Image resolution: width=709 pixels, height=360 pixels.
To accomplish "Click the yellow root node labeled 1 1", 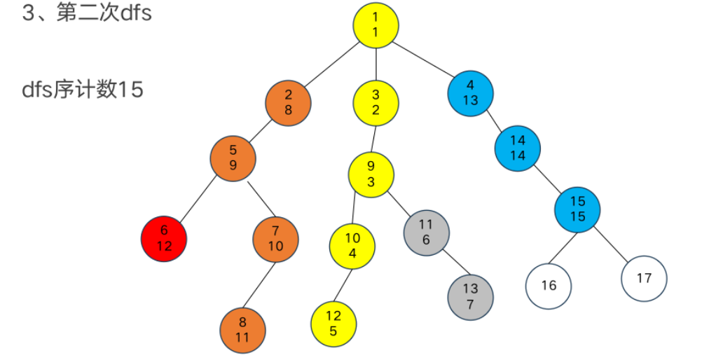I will coord(376,24).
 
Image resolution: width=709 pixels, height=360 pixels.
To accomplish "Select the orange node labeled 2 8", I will coord(288,102).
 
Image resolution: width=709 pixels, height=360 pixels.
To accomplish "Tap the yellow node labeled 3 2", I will coord(376,102).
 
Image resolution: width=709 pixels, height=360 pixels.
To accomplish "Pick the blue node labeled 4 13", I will coord(470,93).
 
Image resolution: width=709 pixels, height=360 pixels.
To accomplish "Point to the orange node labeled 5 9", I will coord(233,160).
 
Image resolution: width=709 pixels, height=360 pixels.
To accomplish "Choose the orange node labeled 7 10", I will coord(275,239).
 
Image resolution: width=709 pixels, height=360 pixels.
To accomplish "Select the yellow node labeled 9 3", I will coord(371,174).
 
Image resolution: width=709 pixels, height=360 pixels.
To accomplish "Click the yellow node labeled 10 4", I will coord(352,246).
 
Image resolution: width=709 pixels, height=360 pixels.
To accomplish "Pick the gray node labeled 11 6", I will coord(426,232).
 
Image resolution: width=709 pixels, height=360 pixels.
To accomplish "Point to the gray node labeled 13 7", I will coord(471,297).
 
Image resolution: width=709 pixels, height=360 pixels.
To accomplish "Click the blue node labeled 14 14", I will coord(518,147).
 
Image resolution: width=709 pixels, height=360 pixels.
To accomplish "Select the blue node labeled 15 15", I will coord(577,209).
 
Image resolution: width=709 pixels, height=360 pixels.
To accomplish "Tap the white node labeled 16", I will coord(549,285).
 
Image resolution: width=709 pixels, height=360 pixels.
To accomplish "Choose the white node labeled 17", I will coord(644,278).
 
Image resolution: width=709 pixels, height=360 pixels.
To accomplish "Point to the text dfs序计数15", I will coord(83,90).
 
